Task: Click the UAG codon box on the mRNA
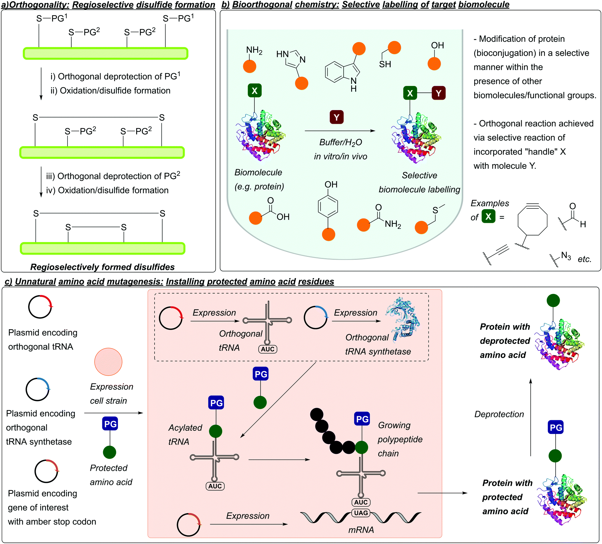(361, 513)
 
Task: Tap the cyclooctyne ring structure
(532, 220)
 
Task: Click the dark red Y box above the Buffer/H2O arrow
(337, 117)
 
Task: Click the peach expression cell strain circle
(108, 361)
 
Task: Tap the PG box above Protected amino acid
(110, 424)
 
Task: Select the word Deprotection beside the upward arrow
(499, 414)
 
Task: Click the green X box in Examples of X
(488, 216)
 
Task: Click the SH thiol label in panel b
(385, 64)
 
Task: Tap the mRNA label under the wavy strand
(361, 530)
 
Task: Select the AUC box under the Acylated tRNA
(215, 486)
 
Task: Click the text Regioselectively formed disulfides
(103, 267)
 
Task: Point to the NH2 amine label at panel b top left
(254, 50)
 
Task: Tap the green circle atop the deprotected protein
(553, 300)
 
